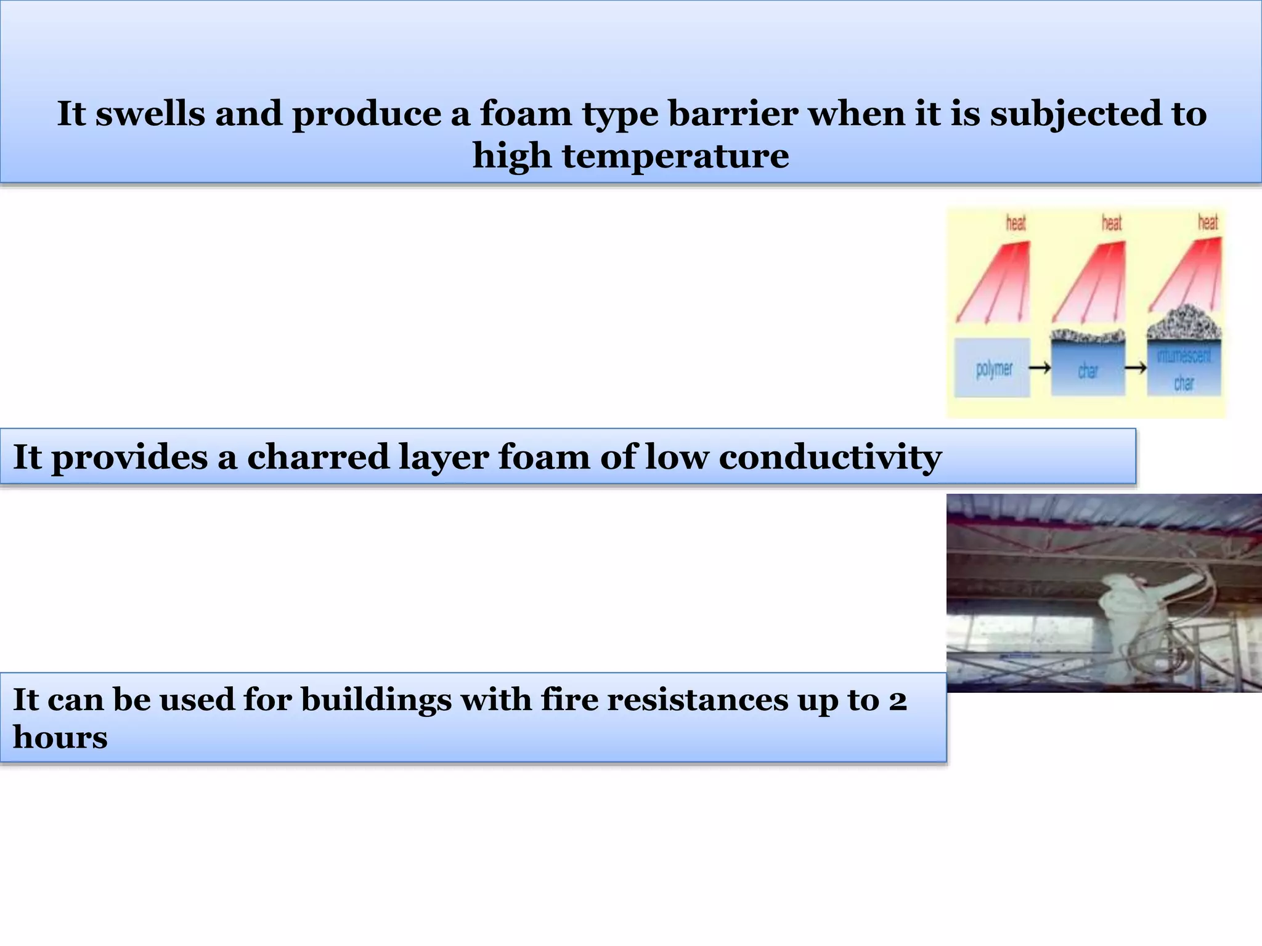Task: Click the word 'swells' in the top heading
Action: pyautogui.click(x=150, y=114)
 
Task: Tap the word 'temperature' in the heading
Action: pyautogui.click(x=675, y=155)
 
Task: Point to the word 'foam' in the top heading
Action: pyautogui.click(x=526, y=114)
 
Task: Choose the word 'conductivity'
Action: pyautogui.click(x=829, y=458)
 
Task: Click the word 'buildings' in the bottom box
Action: pyautogui.click(x=376, y=701)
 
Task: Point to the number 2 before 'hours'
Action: pyautogui.click(x=897, y=701)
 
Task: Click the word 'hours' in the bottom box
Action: pyautogui.click(x=60, y=737)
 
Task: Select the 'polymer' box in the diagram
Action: pyautogui.click(x=993, y=368)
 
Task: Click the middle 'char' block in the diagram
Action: pyautogui.click(x=1088, y=369)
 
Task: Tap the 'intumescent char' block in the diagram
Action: pyautogui.click(x=1184, y=369)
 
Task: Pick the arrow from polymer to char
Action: pyautogui.click(x=1040, y=368)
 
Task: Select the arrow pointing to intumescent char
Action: pyautogui.click(x=1136, y=368)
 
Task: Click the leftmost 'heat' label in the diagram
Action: pyautogui.click(x=1016, y=223)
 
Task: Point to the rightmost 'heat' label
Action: pyautogui.click(x=1208, y=222)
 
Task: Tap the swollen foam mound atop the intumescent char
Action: pyautogui.click(x=1184, y=323)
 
